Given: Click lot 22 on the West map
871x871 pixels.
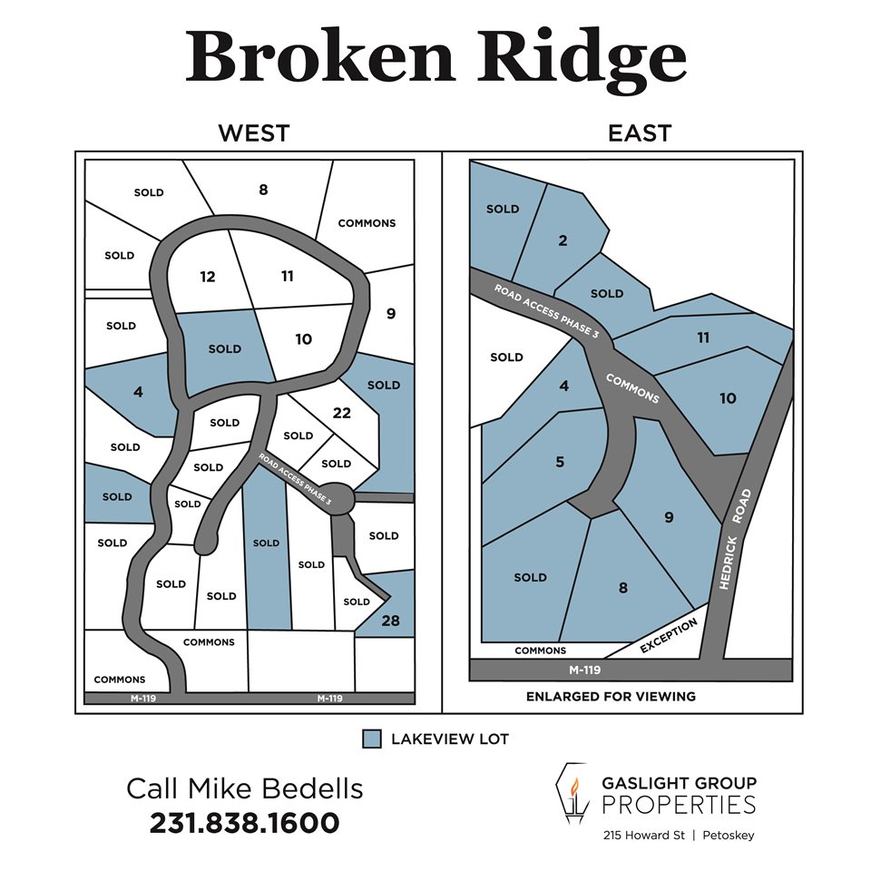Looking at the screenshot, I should (x=341, y=413).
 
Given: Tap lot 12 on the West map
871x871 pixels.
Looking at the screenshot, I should (x=208, y=277).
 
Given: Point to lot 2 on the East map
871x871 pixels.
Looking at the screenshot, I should (x=563, y=240).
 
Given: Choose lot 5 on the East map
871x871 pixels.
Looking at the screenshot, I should (x=560, y=462).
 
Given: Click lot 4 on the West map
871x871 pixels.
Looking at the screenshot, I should (x=138, y=393).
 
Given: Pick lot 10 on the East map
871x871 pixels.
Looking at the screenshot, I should (x=728, y=397).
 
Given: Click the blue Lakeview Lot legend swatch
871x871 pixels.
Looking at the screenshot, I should (x=371, y=739).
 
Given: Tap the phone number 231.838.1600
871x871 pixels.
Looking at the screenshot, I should (x=244, y=823).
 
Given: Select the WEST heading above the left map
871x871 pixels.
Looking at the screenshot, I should (x=253, y=133).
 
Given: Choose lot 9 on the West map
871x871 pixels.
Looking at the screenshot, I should (x=391, y=314).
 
